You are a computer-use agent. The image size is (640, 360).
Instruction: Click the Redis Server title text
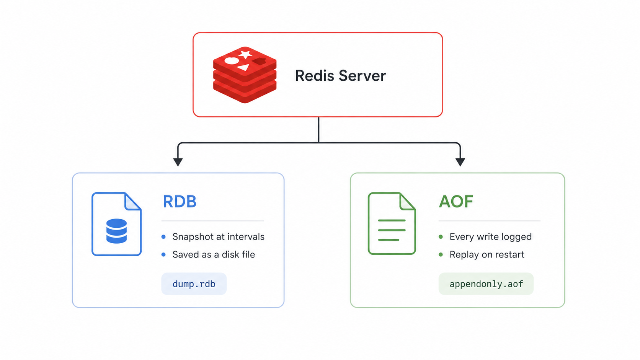[340, 76]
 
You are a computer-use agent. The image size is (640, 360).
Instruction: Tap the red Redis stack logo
[245, 75]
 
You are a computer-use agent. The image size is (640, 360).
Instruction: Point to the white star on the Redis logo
[245, 54]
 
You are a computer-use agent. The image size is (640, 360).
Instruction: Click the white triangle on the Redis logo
[244, 67]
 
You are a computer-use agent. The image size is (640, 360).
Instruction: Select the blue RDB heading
[180, 201]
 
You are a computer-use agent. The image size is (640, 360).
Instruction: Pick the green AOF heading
[456, 201]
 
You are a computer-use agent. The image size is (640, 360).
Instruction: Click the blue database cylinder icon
[117, 231]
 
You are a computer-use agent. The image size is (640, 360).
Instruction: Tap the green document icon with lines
[392, 223]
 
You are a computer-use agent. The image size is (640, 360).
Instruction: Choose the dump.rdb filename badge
[194, 284]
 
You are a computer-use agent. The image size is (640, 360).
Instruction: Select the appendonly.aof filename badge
[486, 284]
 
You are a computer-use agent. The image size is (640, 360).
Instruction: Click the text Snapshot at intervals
[218, 237]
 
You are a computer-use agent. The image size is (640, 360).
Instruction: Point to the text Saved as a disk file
[214, 254]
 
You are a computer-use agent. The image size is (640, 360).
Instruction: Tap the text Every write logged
[491, 237]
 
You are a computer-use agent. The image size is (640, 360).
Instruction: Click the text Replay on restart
[487, 254]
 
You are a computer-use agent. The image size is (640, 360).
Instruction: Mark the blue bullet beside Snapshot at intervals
[163, 237]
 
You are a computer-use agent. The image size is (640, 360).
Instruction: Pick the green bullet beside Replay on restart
[441, 254]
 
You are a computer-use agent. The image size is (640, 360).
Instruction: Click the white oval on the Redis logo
[232, 60]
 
